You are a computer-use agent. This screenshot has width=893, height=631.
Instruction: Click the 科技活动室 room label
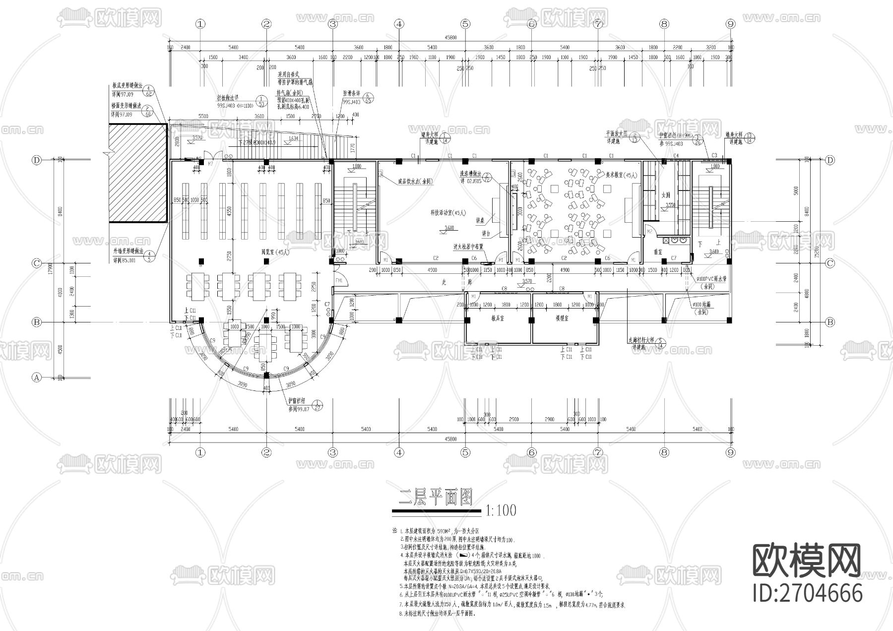click(x=448, y=212)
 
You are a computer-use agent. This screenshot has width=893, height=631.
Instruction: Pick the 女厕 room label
click(x=666, y=195)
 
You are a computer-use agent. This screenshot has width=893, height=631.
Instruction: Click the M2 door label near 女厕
click(x=649, y=232)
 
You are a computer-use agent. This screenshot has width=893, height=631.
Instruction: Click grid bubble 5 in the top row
click(x=465, y=24)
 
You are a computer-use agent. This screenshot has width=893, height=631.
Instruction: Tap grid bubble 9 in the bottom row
click(x=730, y=452)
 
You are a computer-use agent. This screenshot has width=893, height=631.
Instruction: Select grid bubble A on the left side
click(x=36, y=377)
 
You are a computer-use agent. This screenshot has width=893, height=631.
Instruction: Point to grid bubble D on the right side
click(x=830, y=160)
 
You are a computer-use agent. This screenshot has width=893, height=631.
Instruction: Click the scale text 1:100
click(x=501, y=510)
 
